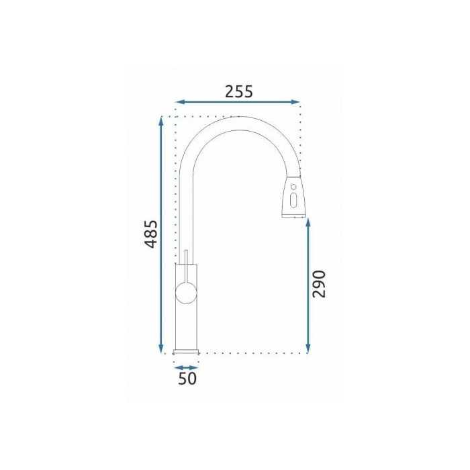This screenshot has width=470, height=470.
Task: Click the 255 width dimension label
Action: click(x=239, y=92)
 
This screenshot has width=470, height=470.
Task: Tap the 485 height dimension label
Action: click(x=151, y=234)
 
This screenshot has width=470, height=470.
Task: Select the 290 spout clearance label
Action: click(x=319, y=284)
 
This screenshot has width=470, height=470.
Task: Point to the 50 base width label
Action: click(x=187, y=378)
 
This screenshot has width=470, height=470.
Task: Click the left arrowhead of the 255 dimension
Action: click(x=179, y=102)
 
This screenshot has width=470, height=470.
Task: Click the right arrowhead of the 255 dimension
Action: click(x=295, y=102)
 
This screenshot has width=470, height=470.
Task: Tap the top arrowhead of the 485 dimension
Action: click(x=161, y=121)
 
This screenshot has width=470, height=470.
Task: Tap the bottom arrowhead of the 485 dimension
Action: click(x=161, y=349)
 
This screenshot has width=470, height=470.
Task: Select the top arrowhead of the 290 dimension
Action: click(x=308, y=223)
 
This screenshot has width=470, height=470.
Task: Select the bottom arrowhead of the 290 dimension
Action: click(x=308, y=349)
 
